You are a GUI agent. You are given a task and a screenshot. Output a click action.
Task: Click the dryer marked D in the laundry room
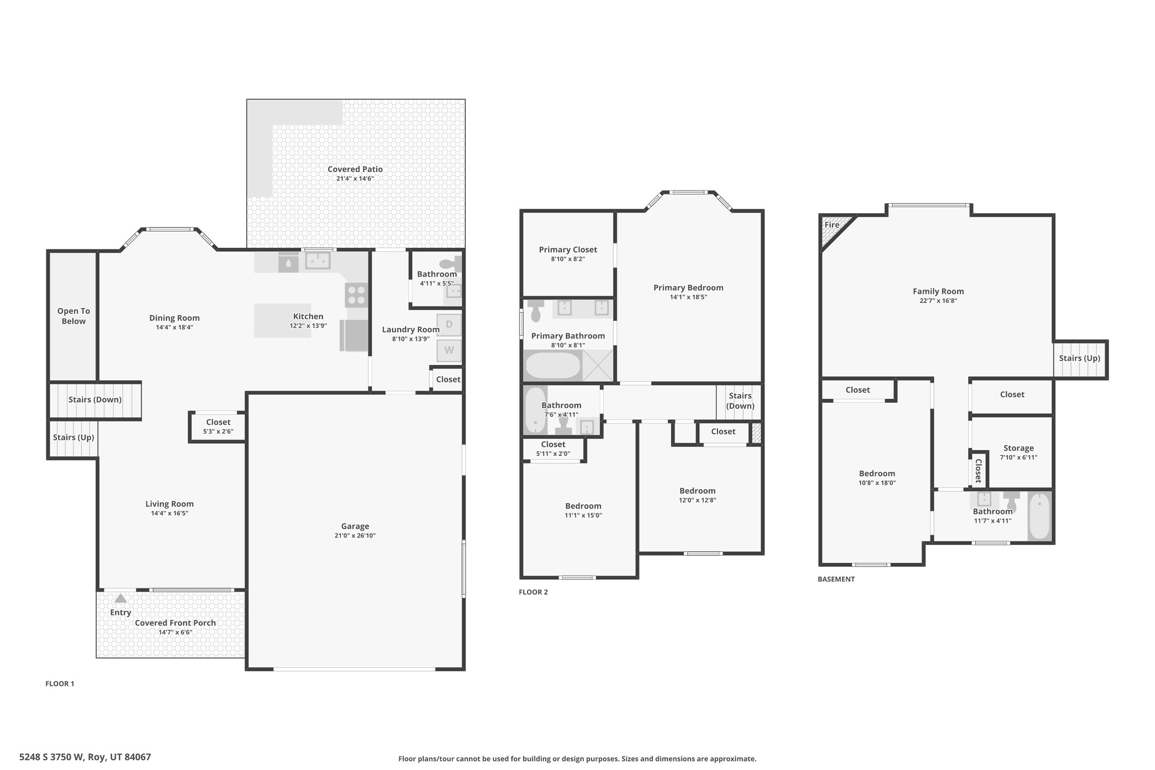pyautogui.click(x=449, y=324)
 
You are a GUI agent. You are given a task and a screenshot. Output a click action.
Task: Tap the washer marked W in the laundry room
pyautogui.click(x=449, y=350)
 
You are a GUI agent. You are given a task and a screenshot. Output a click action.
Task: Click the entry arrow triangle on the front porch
pyautogui.click(x=121, y=599)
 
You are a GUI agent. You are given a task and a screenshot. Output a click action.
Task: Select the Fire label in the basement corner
pyautogui.click(x=832, y=225)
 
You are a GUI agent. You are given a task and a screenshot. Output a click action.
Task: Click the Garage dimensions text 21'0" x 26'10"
pyautogui.click(x=355, y=536)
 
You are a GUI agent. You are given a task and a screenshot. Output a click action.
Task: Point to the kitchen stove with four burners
pyautogui.click(x=356, y=294)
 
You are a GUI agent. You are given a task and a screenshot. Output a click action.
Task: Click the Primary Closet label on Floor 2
pyautogui.click(x=567, y=249)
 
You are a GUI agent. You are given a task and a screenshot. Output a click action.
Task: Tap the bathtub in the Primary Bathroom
pyautogui.click(x=553, y=366)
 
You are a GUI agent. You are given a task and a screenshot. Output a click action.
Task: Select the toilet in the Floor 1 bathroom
pyautogui.click(x=450, y=263)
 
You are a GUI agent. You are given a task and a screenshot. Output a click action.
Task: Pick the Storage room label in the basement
pyautogui.click(x=1019, y=448)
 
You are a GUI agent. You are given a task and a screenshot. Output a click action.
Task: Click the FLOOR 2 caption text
pyautogui.click(x=533, y=592)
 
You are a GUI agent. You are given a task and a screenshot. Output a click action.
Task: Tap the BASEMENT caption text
pyautogui.click(x=836, y=579)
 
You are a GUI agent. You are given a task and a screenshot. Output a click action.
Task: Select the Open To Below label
pyautogui.click(x=73, y=316)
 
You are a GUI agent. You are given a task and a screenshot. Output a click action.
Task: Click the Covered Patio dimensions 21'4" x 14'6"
pyautogui.click(x=355, y=179)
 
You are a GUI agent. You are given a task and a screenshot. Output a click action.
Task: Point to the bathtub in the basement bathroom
pyautogui.click(x=1039, y=516)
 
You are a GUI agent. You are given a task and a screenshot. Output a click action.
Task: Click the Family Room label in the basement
pyautogui.click(x=938, y=291)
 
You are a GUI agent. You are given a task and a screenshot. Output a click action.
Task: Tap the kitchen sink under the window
pyautogui.click(x=318, y=261)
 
